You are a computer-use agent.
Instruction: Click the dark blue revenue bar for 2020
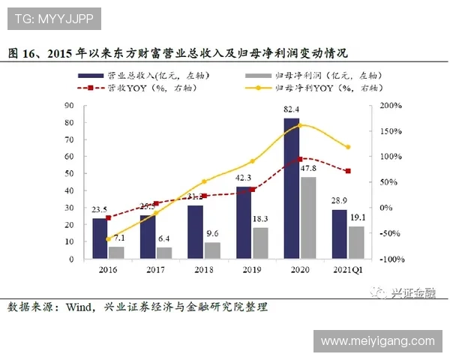292,187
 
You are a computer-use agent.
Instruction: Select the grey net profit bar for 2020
307,217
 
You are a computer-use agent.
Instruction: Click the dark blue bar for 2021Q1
339,234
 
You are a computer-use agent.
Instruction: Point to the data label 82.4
292,110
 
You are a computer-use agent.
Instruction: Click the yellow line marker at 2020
300,124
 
